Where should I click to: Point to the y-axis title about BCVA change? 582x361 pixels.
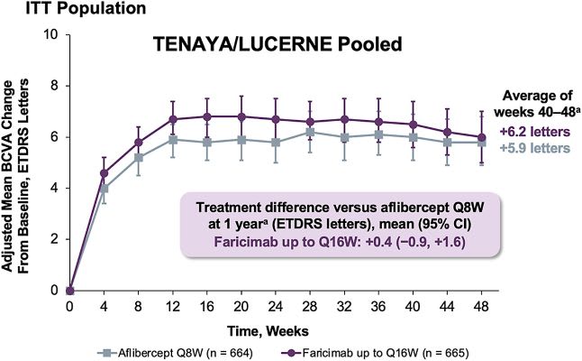coord(19,162)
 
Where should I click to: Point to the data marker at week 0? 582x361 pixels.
coord(69,290)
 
